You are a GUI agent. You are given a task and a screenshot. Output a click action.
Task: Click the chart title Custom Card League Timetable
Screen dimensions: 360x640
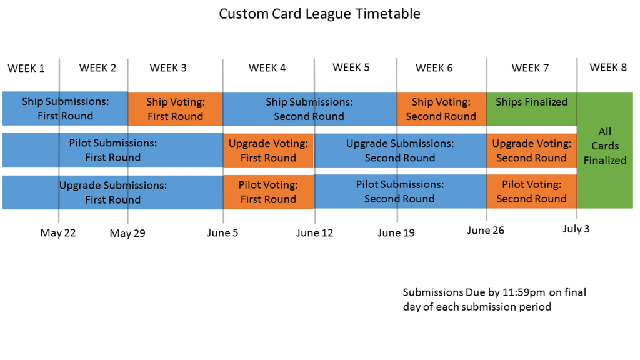[x=319, y=14]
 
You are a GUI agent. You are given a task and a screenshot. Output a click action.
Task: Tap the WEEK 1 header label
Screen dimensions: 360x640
[x=26, y=68]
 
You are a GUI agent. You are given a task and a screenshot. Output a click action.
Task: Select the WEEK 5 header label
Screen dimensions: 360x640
[x=351, y=67]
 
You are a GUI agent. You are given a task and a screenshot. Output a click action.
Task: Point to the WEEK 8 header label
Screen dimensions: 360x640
[x=608, y=67]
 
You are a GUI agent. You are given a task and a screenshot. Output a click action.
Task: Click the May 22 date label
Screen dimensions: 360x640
[x=58, y=233]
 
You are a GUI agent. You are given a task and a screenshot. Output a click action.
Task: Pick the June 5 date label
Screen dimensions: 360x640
[x=223, y=233]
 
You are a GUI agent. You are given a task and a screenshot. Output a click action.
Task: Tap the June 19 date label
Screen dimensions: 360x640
[x=396, y=233]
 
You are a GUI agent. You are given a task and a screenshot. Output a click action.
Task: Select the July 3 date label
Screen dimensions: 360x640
[x=576, y=229]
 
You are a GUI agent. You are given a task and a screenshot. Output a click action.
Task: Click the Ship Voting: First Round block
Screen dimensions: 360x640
[x=175, y=109]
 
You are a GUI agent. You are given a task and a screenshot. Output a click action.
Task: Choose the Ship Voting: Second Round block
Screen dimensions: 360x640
[x=441, y=109]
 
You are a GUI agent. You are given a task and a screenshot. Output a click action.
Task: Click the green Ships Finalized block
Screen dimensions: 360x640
[x=531, y=102]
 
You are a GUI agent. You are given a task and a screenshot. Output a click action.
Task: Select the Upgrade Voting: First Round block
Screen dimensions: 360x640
[x=268, y=151]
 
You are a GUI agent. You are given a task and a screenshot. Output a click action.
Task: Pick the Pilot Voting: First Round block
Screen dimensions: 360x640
[x=268, y=192]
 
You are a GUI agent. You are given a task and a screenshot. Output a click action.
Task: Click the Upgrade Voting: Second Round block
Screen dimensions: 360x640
[x=531, y=151]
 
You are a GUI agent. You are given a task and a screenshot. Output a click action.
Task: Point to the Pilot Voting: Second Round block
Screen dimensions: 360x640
[x=531, y=192]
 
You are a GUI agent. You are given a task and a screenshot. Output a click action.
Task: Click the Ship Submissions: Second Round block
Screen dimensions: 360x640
[x=309, y=109]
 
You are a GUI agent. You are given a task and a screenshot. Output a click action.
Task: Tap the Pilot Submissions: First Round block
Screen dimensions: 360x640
[x=112, y=150]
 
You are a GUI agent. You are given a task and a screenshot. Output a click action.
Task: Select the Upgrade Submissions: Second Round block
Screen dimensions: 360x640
[x=400, y=151]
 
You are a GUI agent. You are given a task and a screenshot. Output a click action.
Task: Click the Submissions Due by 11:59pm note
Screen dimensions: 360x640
[x=494, y=299]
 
